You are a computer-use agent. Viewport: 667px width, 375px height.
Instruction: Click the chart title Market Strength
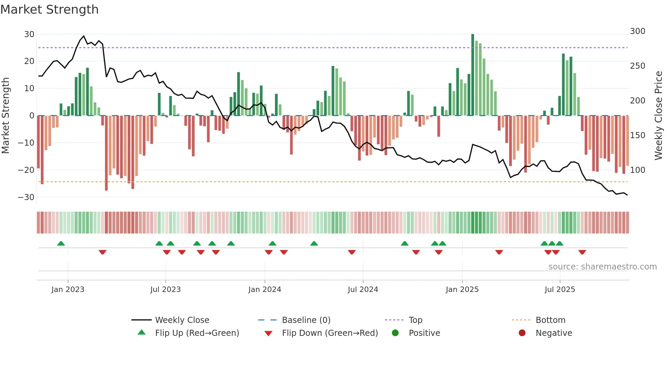pos(49,10)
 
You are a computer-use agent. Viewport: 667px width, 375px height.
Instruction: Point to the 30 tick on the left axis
pos(29,34)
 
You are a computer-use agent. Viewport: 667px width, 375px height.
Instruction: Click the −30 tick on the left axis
pos(26,197)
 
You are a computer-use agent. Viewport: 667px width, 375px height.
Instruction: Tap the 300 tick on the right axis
pos(637,31)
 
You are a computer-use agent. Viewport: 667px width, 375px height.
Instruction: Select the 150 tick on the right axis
pos(637,135)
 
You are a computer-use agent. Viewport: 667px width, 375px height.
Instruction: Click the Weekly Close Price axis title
pos(658,116)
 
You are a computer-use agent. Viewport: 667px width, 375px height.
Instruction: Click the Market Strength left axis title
pos(5,116)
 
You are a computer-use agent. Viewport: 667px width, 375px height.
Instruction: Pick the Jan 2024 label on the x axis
pos(264,290)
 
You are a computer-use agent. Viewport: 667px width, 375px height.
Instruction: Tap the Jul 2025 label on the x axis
pos(559,290)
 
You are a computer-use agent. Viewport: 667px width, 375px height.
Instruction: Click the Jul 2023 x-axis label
pos(165,290)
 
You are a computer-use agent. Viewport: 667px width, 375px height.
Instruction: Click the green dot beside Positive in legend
pos(395,333)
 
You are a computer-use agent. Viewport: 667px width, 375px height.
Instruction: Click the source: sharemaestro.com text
pos(602,267)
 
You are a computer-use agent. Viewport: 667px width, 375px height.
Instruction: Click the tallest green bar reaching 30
pos(473,75)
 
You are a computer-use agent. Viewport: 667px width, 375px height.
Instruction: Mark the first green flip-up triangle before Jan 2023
pos(61,244)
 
